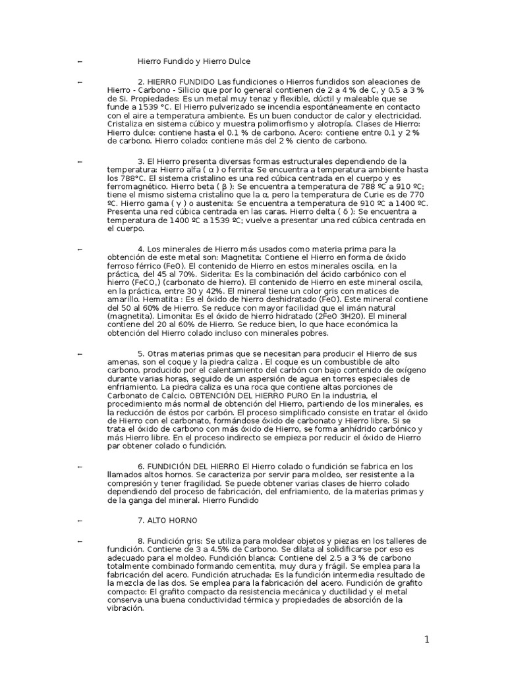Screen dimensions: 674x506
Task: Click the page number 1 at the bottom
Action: click(427, 639)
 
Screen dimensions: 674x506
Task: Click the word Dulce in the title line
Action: click(237, 61)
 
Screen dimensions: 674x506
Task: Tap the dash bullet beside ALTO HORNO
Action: click(80, 521)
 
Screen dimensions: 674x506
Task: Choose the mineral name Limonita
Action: click(161, 315)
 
